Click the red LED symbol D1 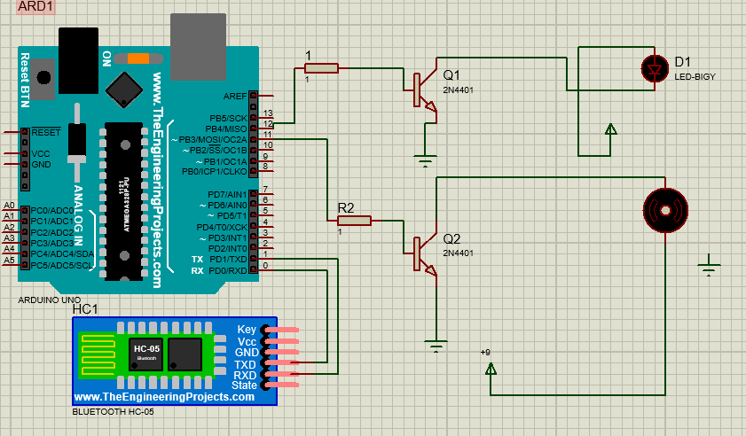655,67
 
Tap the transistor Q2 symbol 424,254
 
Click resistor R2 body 355,221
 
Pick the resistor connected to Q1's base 321,68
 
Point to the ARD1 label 36,6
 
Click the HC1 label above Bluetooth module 84,308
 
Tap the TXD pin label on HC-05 245,364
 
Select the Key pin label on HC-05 247,330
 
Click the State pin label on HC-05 244,385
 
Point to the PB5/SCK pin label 227,118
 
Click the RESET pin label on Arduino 46,132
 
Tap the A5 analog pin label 9,261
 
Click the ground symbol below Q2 435,346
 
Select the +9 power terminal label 485,353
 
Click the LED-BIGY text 695,77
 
